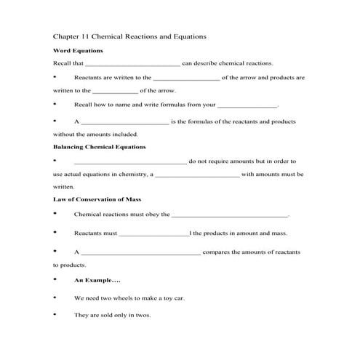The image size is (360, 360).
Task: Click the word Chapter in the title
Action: click(68, 35)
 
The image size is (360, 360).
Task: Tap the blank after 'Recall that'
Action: click(137, 64)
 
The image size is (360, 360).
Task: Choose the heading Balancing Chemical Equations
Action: click(100, 147)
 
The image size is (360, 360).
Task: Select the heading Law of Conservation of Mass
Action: click(97, 199)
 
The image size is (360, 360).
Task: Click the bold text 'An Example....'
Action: click(97, 280)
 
